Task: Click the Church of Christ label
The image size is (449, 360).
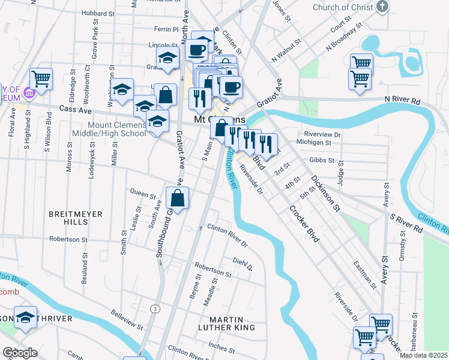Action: click(343, 7)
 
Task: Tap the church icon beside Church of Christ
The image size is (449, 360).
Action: click(382, 7)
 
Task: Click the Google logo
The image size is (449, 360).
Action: click(20, 353)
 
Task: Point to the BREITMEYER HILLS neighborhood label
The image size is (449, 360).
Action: click(76, 218)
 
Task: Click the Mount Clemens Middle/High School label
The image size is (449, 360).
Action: click(108, 128)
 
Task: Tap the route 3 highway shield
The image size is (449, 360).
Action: click(155, 308)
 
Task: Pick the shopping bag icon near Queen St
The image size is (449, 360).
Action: click(178, 197)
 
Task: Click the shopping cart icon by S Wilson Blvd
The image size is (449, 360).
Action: click(41, 78)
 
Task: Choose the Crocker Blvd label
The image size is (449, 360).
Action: click(303, 224)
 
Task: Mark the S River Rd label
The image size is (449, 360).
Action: click(407, 220)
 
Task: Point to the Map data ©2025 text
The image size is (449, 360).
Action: click(423, 355)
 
